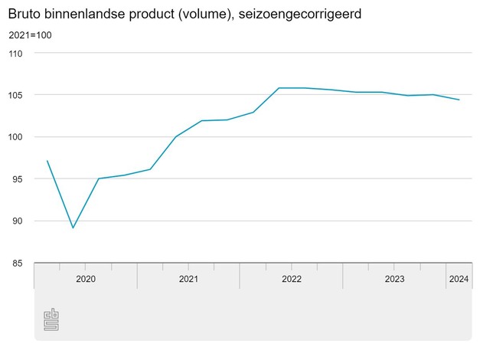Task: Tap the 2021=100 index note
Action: [x=31, y=35]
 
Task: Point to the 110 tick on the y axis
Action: [x=17, y=54]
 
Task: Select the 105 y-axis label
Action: [x=17, y=95]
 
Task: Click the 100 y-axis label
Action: [x=17, y=137]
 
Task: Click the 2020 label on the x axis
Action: [x=86, y=279]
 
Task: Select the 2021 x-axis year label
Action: [x=188, y=279]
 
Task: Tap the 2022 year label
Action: [x=292, y=279]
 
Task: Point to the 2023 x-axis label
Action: [x=394, y=279]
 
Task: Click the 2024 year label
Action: [x=459, y=279]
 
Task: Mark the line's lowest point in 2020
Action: [x=73, y=228]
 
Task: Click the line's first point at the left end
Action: [x=47, y=161]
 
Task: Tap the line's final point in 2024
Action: [x=459, y=100]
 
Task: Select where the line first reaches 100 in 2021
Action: [x=176, y=136]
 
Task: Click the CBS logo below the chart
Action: [x=51, y=319]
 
